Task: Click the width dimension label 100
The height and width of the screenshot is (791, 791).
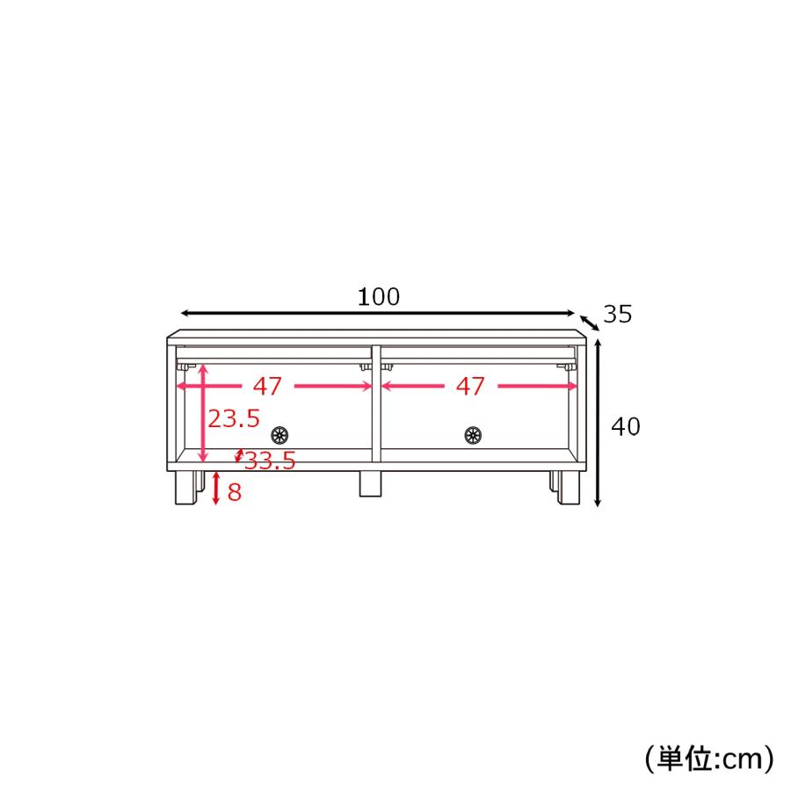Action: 378,297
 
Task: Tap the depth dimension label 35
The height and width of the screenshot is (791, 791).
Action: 618,315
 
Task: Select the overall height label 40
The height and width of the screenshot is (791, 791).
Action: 626,427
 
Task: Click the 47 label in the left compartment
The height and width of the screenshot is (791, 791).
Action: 267,387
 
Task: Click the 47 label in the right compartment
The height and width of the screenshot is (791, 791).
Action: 470,387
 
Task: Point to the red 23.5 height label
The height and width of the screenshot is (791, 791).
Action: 234,418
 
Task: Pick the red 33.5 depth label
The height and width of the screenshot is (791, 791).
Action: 270,461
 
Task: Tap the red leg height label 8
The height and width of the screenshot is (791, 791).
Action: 235,492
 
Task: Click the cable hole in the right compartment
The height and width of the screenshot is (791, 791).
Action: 473,435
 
